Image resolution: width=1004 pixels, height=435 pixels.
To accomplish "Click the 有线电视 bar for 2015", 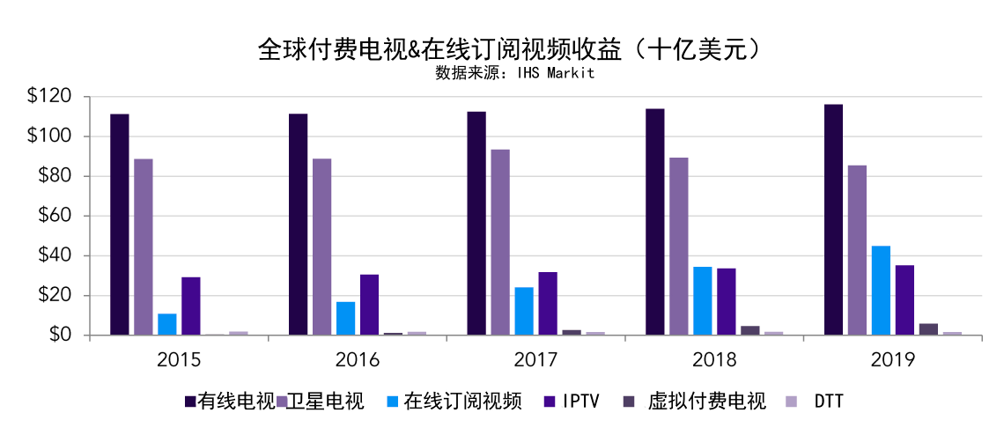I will (x=120, y=225).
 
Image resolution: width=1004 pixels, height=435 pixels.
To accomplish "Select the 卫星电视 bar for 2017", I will (x=500, y=242).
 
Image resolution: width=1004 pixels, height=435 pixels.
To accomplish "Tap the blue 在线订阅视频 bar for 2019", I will (x=881, y=291).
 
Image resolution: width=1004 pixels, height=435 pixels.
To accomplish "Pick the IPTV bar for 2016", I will (x=369, y=305).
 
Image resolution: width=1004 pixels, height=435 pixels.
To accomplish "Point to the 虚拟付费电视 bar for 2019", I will (x=928, y=329).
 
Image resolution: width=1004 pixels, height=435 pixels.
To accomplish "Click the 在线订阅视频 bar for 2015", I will (x=167, y=324).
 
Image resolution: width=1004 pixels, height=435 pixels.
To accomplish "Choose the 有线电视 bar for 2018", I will (x=655, y=222).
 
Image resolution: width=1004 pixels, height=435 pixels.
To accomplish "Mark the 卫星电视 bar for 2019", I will (x=857, y=250).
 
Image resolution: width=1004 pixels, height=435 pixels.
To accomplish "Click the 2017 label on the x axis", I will (x=535, y=359).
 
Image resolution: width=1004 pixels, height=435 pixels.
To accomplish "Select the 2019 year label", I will (x=892, y=359).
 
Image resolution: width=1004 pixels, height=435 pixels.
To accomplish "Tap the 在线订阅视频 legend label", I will (x=462, y=402).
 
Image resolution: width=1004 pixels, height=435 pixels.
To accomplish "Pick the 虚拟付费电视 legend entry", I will (x=705, y=402).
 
